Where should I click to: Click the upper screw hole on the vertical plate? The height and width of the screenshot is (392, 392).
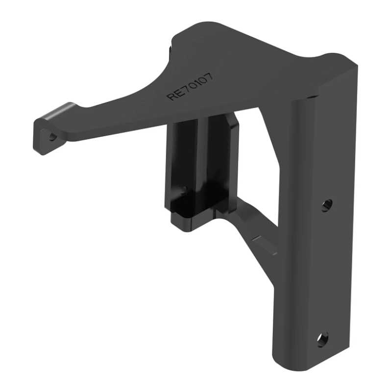[x=327, y=205]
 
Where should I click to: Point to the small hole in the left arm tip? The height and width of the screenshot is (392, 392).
[x=52, y=137]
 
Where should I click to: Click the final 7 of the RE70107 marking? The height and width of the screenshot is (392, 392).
[x=209, y=76]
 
